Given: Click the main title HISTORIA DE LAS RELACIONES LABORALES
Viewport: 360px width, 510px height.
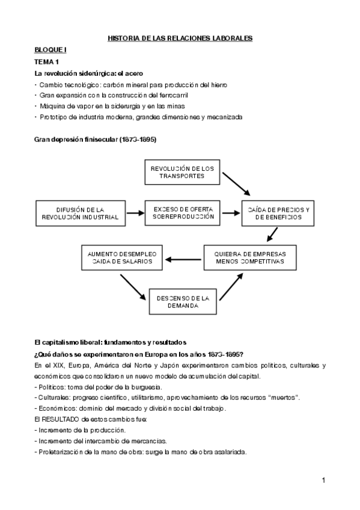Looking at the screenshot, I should pos(180,38).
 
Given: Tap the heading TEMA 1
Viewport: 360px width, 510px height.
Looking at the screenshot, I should pos(46,62).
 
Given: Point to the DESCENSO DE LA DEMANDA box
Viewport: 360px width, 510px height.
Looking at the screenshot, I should pos(182,302).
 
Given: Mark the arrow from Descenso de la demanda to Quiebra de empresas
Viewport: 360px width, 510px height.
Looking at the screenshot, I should pos(233,287).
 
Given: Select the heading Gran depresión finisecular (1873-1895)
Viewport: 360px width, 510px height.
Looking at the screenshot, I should pos(96,140).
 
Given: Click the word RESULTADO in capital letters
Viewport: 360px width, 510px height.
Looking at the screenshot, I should pos(62,419).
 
